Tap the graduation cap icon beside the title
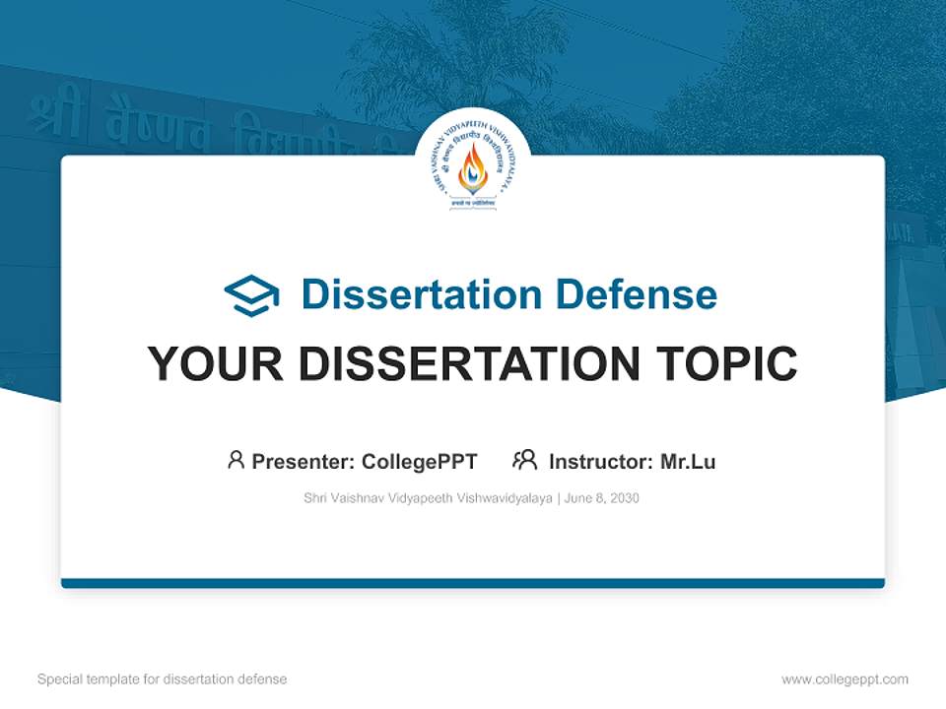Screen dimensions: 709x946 (251, 295)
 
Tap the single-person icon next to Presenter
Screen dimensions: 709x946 (236, 460)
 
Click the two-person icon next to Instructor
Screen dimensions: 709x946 (524, 460)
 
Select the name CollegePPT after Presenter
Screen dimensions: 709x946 (419, 462)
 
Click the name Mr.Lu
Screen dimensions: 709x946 (688, 462)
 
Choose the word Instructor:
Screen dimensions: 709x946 (601, 462)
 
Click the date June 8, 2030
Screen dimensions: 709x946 (602, 498)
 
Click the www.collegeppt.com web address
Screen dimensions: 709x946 (845, 679)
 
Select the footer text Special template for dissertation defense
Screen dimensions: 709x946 (162, 679)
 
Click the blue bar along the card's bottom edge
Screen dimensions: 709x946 (473, 583)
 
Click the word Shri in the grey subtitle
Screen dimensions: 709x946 (316, 498)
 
